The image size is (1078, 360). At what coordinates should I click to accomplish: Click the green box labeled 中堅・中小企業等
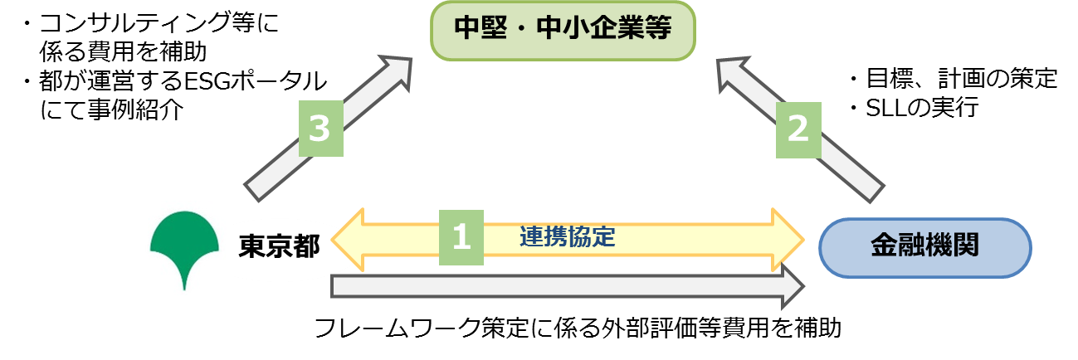click(x=562, y=31)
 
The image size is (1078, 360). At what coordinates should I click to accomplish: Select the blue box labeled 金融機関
click(x=924, y=247)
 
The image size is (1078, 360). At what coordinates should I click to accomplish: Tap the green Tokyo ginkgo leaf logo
click(x=183, y=246)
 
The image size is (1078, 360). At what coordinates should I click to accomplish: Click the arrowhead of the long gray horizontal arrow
click(x=792, y=286)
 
